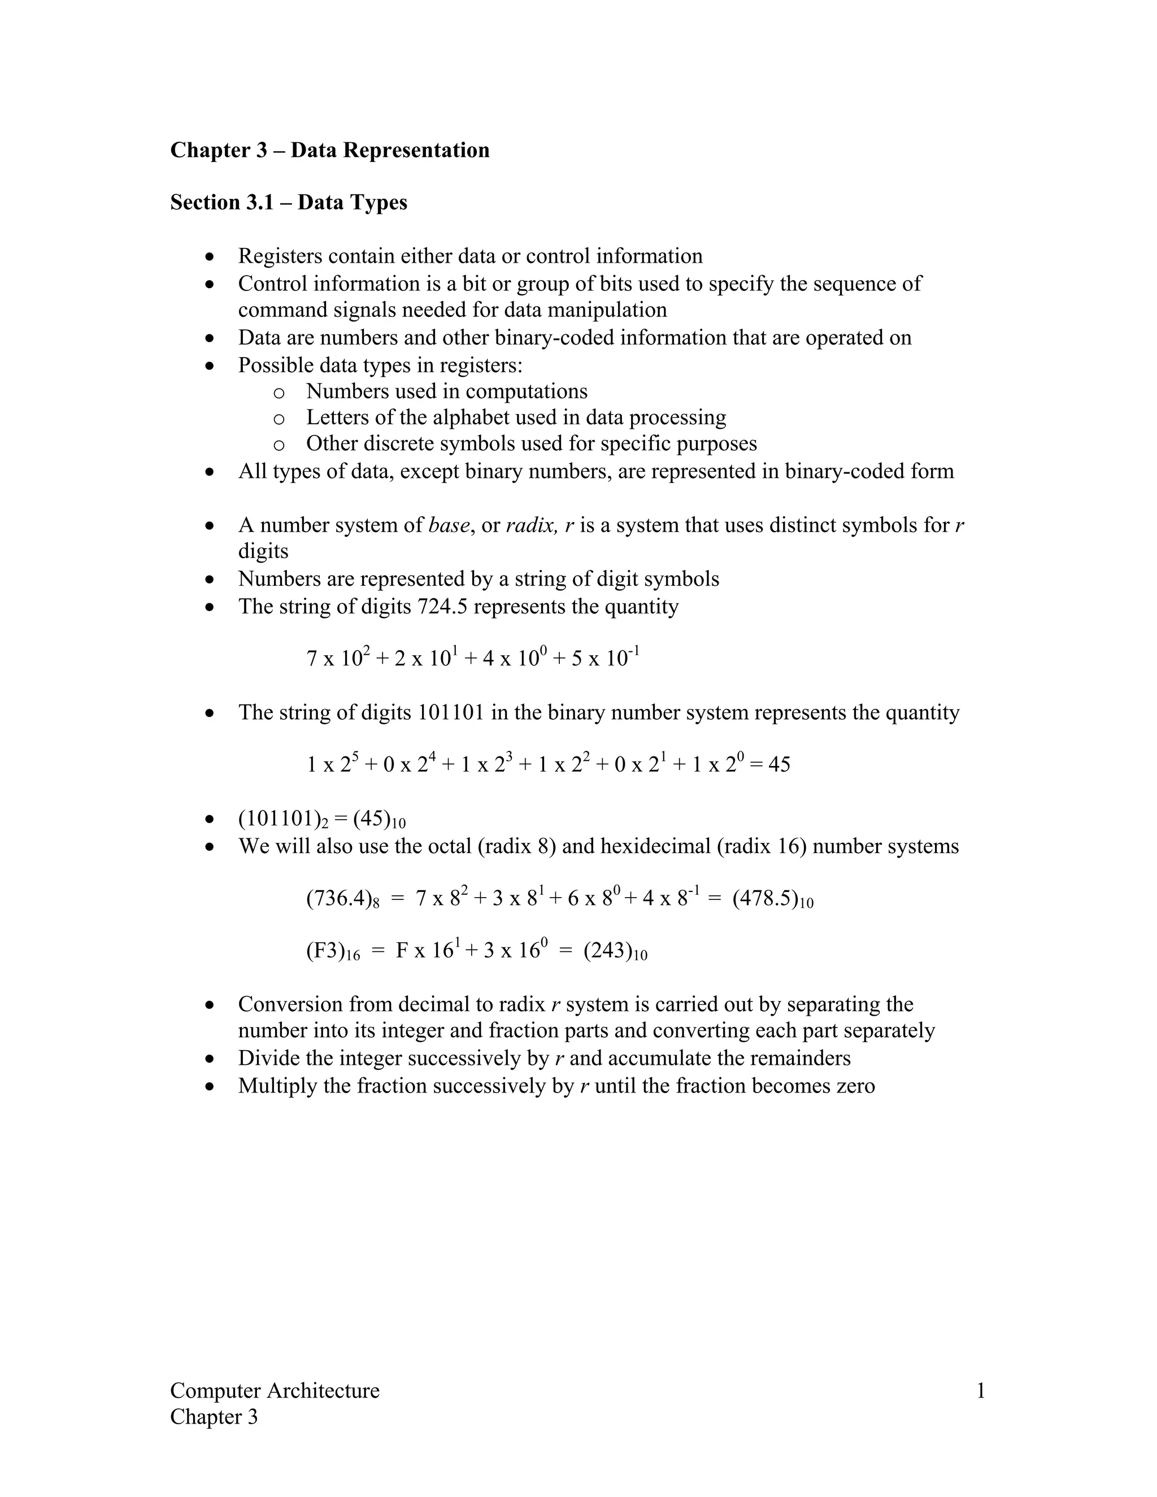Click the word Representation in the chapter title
pyautogui.click(x=416, y=150)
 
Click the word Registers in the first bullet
pyautogui.click(x=280, y=256)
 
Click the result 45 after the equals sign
pyautogui.click(x=779, y=764)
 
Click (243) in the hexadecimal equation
pyautogui.click(x=608, y=951)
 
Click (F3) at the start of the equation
pyautogui.click(x=325, y=951)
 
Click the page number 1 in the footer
pyautogui.click(x=980, y=1391)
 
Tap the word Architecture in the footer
pyautogui.click(x=322, y=1391)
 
